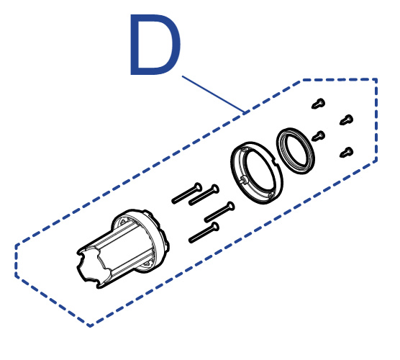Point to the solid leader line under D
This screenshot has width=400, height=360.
(213, 94)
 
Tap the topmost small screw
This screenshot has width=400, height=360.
(319, 104)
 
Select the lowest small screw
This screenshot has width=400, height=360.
(347, 153)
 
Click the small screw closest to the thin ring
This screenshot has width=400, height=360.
(319, 136)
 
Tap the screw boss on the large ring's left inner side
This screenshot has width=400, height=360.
(244, 181)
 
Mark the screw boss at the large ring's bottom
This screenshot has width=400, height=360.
(271, 195)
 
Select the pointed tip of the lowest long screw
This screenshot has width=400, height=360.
(191, 240)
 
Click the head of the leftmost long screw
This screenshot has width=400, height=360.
(198, 188)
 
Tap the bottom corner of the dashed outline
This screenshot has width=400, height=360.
(90, 326)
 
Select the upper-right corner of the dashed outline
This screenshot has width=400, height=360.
(376, 79)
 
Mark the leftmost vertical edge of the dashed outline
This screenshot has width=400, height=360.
(17, 261)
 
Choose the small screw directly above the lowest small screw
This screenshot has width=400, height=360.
(347, 120)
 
